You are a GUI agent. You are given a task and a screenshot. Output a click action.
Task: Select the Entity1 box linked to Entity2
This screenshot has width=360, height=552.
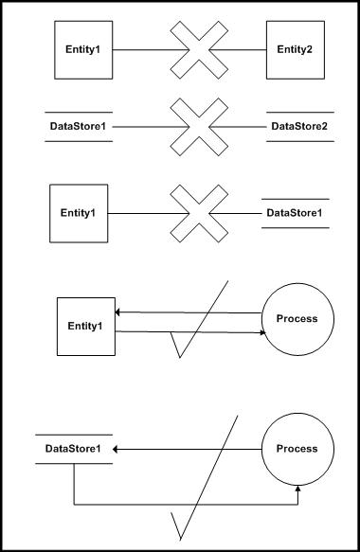pyautogui.click(x=82, y=48)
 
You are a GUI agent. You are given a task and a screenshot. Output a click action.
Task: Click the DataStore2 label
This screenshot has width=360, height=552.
pyautogui.click(x=299, y=126)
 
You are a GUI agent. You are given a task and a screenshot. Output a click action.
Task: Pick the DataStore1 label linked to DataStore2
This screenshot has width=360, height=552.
pyautogui.click(x=79, y=126)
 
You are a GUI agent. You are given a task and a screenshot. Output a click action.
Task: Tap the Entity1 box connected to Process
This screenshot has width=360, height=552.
pyautogui.click(x=85, y=327)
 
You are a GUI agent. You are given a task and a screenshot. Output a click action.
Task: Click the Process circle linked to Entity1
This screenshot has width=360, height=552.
pyautogui.click(x=297, y=319)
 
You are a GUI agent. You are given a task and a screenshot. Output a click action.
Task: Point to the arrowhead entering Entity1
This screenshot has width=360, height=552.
pyautogui.click(x=118, y=312)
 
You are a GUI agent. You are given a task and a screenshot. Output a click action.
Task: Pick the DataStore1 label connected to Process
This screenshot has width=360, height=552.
pyautogui.click(x=74, y=449)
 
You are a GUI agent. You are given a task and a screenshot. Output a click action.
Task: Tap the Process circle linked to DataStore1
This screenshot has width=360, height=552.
pyautogui.click(x=297, y=449)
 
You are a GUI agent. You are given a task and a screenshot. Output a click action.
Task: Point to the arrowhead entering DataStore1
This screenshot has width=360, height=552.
pyautogui.click(x=118, y=449)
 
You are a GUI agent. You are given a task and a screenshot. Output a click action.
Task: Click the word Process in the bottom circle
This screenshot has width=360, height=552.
pyautogui.click(x=297, y=449)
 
